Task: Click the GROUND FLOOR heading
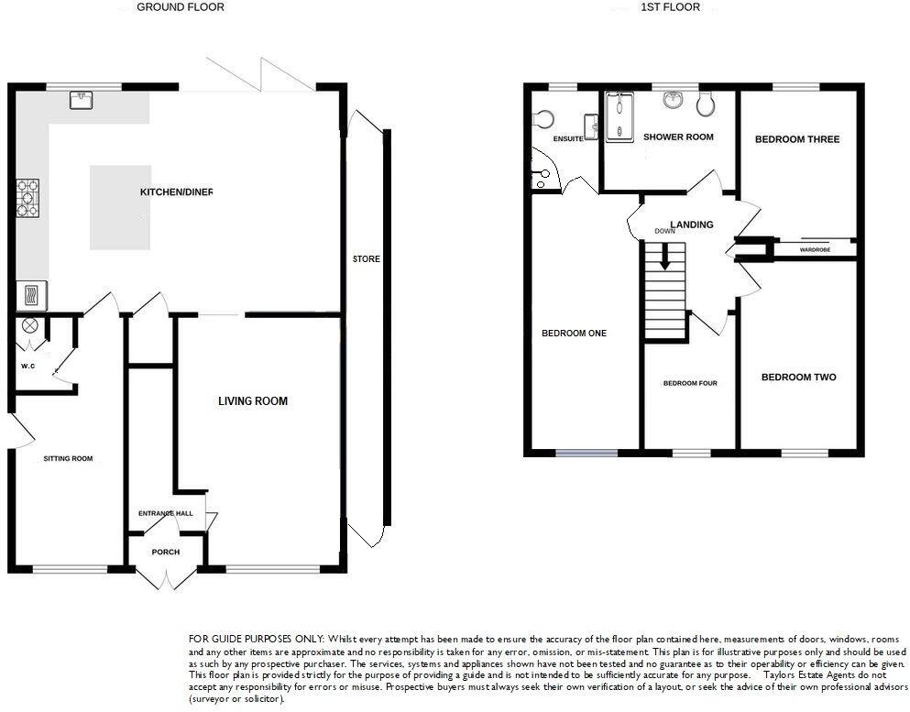(180, 7)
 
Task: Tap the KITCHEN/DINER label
(176, 192)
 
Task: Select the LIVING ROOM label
(253, 401)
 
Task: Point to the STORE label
(367, 259)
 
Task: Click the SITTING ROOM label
(69, 459)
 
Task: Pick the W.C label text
(27, 367)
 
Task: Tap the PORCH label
(166, 553)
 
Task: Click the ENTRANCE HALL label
(165, 513)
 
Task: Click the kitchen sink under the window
(80, 99)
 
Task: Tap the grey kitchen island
(120, 207)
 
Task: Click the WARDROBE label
(815, 249)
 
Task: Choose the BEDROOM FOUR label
(690, 383)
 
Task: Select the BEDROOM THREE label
(797, 140)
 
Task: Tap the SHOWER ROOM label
(678, 137)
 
